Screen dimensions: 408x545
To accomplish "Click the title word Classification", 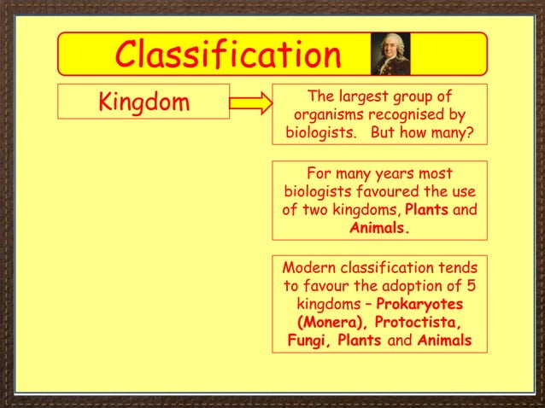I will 228,55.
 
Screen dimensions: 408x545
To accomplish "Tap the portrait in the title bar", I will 390,54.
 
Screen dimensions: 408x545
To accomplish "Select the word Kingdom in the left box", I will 144,102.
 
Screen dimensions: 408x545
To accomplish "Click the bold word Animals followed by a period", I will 379,229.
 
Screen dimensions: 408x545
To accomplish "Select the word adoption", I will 419,285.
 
